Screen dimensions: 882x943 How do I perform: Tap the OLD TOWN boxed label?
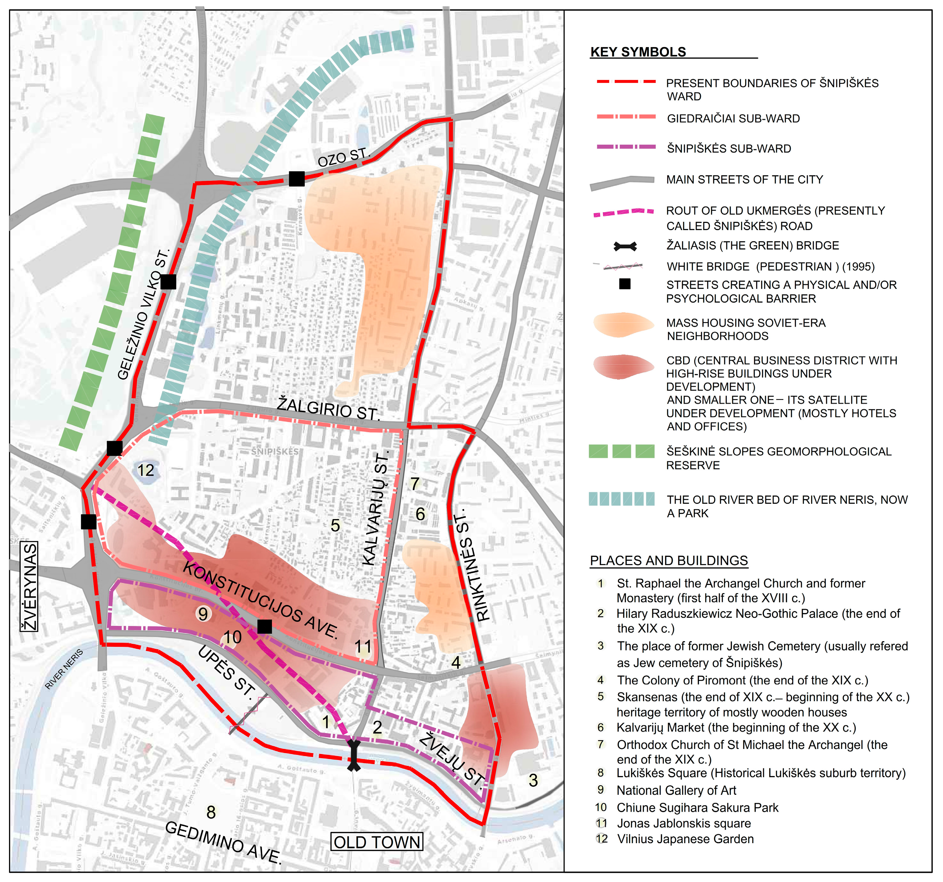[377, 842]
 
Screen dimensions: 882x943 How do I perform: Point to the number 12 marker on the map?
[146, 470]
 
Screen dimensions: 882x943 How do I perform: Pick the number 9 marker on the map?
[203, 614]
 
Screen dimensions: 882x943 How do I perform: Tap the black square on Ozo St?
[296, 179]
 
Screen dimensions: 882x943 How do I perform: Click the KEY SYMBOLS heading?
[638, 52]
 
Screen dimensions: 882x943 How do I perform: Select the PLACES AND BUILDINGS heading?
[668, 561]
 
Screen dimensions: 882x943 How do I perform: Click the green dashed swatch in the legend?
[621, 451]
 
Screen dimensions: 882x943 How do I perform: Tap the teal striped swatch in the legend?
[621, 499]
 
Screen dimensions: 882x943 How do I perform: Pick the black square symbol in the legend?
[625, 284]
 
